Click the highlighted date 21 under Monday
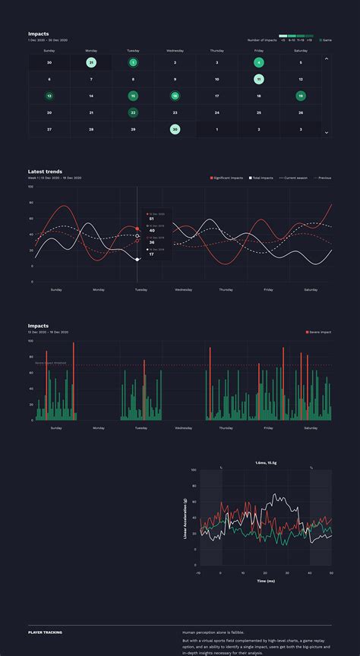(91, 62)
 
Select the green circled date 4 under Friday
(259, 62)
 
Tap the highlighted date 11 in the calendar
(259, 79)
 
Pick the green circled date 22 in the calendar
(133, 112)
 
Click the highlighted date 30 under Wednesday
(175, 129)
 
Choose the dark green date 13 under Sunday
(49, 96)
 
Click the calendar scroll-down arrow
(327, 132)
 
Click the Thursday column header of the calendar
(216, 51)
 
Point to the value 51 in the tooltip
(152, 219)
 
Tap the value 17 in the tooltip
(152, 254)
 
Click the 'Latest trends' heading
(45, 172)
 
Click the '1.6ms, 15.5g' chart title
(265, 462)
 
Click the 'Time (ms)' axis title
(265, 581)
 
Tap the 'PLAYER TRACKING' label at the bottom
(45, 632)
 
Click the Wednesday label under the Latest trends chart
(183, 289)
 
